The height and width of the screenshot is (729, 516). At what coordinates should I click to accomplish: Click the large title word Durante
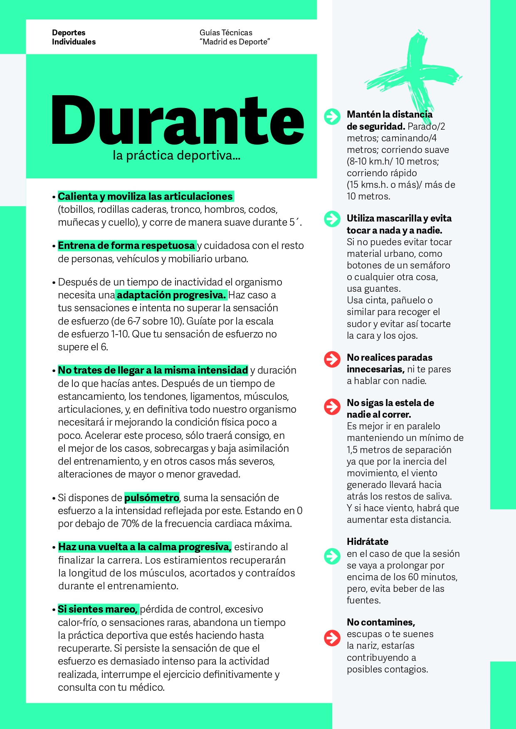click(x=178, y=121)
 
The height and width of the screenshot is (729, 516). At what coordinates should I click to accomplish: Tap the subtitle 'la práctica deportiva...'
click(x=176, y=155)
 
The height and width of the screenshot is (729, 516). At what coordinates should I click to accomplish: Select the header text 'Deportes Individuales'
click(x=74, y=37)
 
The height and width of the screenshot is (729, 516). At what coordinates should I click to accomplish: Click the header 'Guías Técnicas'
click(x=226, y=32)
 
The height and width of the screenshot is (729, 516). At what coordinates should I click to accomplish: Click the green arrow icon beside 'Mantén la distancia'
click(x=332, y=116)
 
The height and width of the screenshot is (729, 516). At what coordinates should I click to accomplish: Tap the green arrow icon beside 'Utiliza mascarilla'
click(x=332, y=219)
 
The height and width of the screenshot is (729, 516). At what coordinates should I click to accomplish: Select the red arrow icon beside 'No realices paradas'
click(x=332, y=359)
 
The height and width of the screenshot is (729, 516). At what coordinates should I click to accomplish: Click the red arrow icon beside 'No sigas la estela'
click(x=332, y=406)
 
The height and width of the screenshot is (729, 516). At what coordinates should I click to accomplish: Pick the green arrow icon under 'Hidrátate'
click(x=332, y=556)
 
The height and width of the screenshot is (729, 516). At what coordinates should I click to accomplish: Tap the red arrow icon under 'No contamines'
click(x=332, y=638)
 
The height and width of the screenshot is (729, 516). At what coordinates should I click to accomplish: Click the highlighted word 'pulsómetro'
click(x=152, y=497)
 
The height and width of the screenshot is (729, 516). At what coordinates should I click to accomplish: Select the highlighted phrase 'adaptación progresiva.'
click(x=171, y=295)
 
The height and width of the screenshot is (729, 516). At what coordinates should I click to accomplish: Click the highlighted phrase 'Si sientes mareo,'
click(x=98, y=609)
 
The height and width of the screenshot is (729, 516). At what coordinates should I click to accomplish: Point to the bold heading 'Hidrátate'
click(x=368, y=542)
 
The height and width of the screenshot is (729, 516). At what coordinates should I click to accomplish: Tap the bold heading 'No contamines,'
click(x=381, y=622)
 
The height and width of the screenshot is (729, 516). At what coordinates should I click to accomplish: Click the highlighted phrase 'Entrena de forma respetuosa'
click(x=126, y=246)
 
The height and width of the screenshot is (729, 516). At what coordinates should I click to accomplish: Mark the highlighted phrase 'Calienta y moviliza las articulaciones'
click(x=145, y=196)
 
